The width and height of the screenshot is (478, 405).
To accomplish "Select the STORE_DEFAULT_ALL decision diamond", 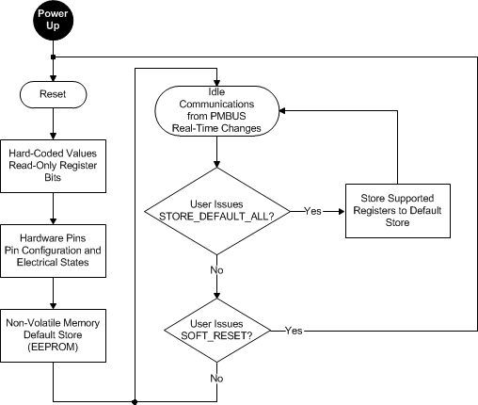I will (217, 210).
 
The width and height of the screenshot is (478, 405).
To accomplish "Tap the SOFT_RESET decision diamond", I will (217, 331).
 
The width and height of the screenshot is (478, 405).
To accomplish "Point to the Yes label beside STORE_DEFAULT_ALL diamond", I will (315, 211).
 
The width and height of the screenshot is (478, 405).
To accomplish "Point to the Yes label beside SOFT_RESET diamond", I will (293, 331).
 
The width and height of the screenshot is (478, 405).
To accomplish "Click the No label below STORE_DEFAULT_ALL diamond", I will (217, 269).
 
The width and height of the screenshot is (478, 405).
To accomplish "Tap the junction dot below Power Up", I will (54, 57).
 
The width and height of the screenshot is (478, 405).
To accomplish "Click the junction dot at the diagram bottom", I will (136, 401).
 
